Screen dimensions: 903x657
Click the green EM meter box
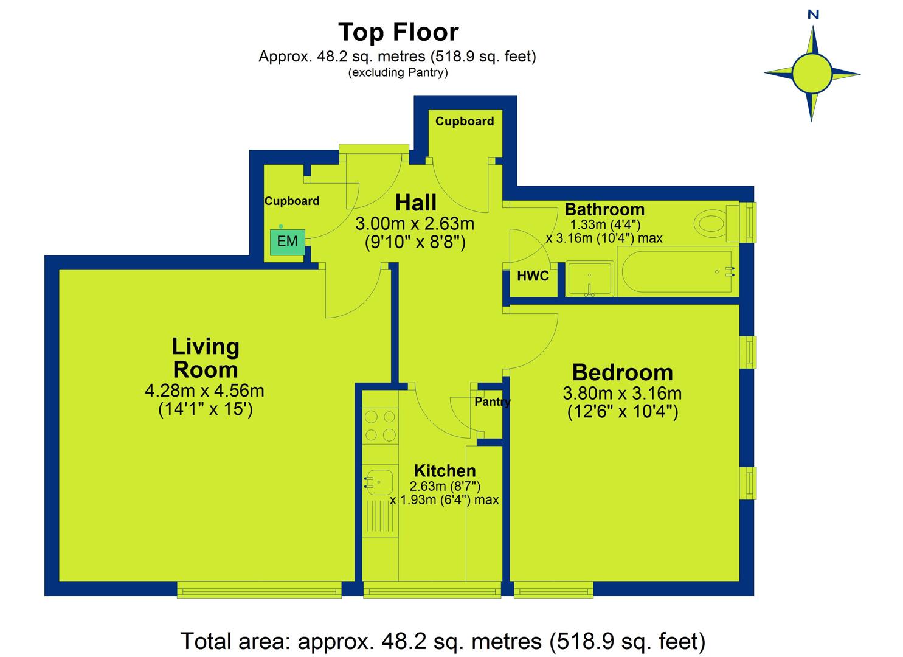click(288, 242)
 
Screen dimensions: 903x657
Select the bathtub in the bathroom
click(679, 272)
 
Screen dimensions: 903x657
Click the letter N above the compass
click(814, 15)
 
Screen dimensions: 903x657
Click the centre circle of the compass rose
click(812, 74)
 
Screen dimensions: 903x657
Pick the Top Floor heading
click(398, 32)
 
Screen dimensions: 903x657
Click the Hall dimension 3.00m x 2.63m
click(415, 224)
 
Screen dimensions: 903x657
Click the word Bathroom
click(604, 210)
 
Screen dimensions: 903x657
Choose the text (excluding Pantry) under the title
click(398, 72)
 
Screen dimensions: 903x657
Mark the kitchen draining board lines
click(379, 519)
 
